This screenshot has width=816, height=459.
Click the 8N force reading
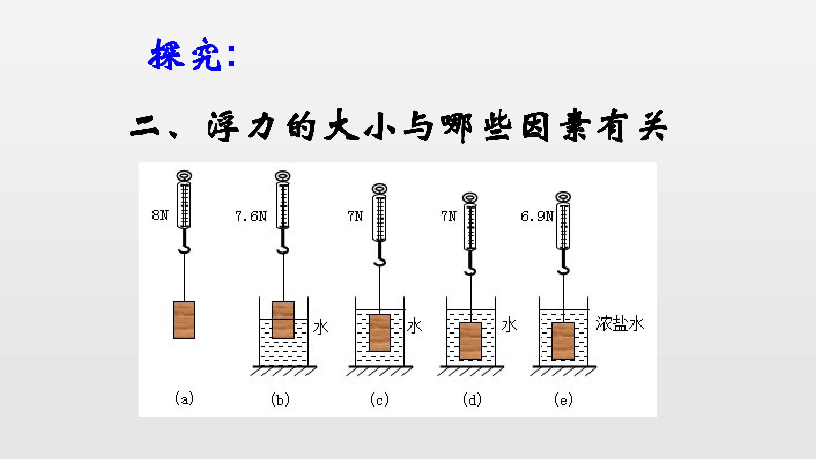pyautogui.click(x=160, y=215)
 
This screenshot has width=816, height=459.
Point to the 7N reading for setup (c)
pyautogui.click(x=355, y=217)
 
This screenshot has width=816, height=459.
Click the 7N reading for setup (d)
pyautogui.click(x=449, y=217)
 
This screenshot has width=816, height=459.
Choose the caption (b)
pyautogui.click(x=280, y=399)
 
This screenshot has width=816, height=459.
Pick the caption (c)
pyautogui.click(x=380, y=400)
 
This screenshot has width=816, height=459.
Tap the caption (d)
pyautogui.click(x=472, y=400)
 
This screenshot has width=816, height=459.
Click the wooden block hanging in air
pyautogui.click(x=184, y=320)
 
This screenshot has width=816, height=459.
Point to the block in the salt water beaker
pyautogui.click(x=563, y=341)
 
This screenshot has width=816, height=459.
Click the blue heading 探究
pyautogui.click(x=185, y=54)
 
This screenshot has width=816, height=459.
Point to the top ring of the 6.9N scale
pyautogui.click(x=563, y=196)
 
